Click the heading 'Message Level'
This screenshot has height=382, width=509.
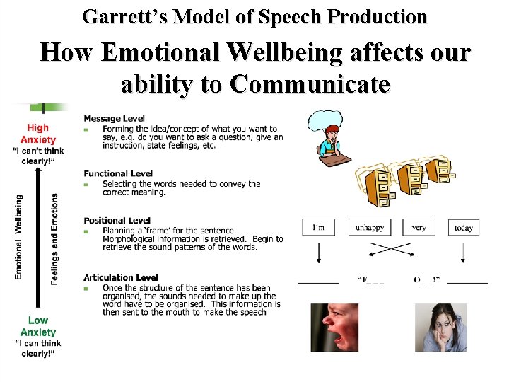pos(114,118)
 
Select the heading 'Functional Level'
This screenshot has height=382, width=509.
pos(117,173)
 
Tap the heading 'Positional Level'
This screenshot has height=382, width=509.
pos(117,221)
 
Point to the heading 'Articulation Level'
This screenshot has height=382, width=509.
pos(120,277)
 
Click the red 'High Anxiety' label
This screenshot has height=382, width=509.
pos(38,134)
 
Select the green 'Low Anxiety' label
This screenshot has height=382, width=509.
pos(38,326)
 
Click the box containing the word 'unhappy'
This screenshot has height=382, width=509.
pos(370,227)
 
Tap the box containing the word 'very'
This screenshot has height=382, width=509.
pos(419,227)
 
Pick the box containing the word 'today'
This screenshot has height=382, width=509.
pos(464,227)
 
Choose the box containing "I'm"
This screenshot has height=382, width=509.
pos(319,227)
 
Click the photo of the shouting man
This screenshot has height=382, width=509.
pos(334,327)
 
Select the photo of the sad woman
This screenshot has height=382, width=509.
pos(440,327)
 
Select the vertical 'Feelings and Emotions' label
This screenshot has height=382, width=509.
pos(54,238)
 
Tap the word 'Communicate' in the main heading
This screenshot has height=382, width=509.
pos(310,83)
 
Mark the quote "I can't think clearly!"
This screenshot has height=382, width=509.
pos(38,155)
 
